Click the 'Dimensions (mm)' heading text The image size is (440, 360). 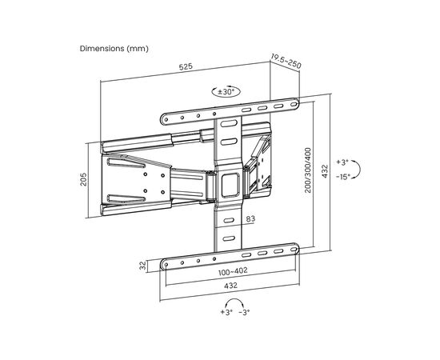tap(114, 49)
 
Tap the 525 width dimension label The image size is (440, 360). tap(186, 66)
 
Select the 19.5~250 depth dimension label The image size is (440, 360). tap(286, 61)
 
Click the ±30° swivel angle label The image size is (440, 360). tap(226, 92)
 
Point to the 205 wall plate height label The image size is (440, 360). tap(83, 179)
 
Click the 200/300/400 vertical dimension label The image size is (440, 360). tap(308, 170)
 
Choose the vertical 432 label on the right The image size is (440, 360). tap(325, 171)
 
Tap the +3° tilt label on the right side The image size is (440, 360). tap(342, 162)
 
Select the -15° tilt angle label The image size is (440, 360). tap(343, 177)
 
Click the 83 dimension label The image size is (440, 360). tap(250, 218)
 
